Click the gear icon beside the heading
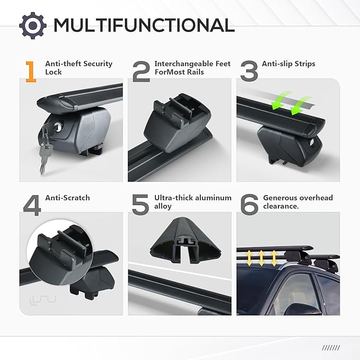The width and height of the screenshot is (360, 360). tap(33, 25)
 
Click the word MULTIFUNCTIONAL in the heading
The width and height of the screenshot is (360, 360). tap(144, 25)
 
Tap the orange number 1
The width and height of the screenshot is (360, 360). tap(31, 72)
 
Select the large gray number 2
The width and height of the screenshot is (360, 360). tap(142, 72)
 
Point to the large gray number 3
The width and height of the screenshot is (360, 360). tap(249, 71)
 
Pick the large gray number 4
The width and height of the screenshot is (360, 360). tap(32, 205)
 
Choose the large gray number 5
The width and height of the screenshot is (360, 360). tap(141, 205)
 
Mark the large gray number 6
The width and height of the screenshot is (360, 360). tap(249, 205)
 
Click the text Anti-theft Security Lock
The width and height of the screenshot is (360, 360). tap(79, 68)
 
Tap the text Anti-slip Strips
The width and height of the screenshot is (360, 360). tap(288, 64)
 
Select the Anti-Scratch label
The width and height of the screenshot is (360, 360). tap(67, 198)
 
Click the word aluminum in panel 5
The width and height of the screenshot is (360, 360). tap(212, 198)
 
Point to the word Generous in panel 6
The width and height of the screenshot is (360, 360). tap(281, 198)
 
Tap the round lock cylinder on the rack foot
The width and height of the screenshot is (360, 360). tap(58, 127)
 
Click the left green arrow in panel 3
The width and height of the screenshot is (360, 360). tap(280, 101)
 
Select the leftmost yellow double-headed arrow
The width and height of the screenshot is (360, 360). tap(249, 258)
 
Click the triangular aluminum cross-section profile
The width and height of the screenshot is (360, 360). tap(186, 240)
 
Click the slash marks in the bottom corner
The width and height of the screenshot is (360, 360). tap(331, 348)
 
